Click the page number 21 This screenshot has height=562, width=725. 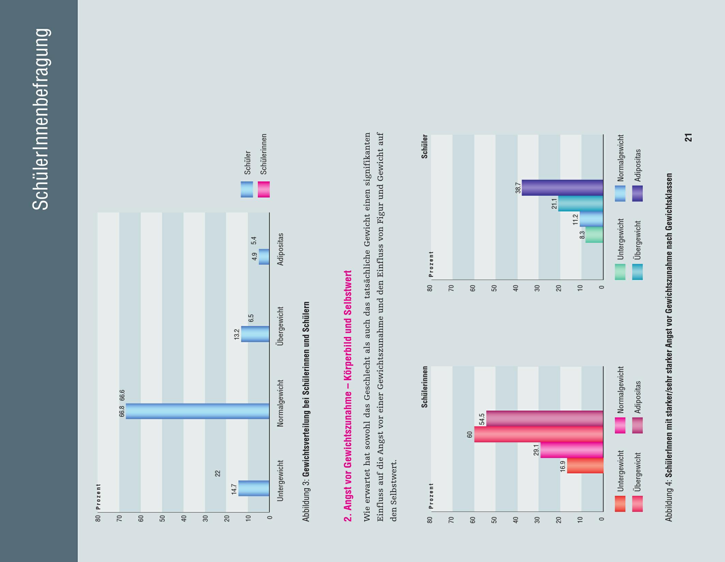[x=688, y=137]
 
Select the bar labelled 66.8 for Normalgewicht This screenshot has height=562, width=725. [x=197, y=411]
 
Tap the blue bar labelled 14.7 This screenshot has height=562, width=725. [x=254, y=488]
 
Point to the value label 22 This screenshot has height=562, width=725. [x=218, y=473]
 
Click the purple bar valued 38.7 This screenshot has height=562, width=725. [x=562, y=188]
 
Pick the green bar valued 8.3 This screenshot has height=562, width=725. [x=594, y=235]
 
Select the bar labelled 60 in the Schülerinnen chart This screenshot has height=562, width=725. [x=539, y=434]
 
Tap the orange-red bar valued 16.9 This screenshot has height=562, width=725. [x=585, y=465]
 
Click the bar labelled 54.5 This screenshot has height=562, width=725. [x=545, y=418]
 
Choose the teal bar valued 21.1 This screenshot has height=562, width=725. [x=581, y=204]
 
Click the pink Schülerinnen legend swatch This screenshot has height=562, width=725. [x=264, y=189]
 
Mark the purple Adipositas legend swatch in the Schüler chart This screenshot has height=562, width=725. [x=637, y=193]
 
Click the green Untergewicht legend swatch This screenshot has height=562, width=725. [x=620, y=272]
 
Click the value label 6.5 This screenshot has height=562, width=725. [x=251, y=318]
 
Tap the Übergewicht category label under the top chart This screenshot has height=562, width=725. [x=280, y=326]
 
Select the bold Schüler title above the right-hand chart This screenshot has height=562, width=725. [x=425, y=146]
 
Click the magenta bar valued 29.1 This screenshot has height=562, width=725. [x=572, y=450]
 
